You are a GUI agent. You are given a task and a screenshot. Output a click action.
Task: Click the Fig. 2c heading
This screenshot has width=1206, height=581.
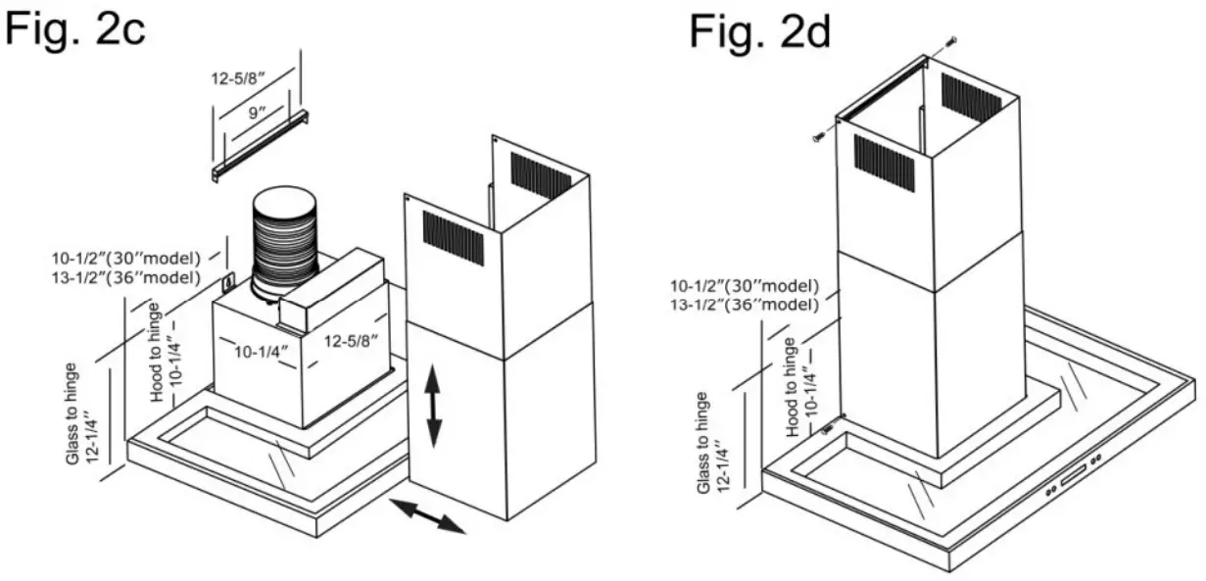point(76,28)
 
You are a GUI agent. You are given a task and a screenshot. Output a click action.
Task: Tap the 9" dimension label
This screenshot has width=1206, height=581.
point(256,113)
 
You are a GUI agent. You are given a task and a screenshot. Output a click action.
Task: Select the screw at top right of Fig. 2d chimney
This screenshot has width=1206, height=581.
point(951,40)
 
